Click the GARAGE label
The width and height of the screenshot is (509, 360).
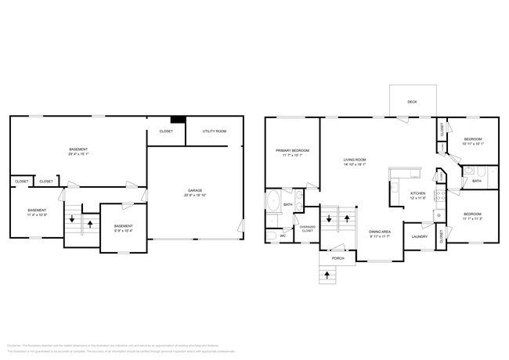pyautogui.click(x=194, y=190)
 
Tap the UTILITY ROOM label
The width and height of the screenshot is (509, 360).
pyautogui.click(x=215, y=131)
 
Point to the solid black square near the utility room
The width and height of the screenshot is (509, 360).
pyautogui.click(x=179, y=121)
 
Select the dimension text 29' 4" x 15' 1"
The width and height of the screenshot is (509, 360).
pyautogui.click(x=78, y=154)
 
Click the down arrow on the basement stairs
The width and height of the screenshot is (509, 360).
pyautogui.click(x=72, y=220)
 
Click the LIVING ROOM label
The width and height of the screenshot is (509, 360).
pyautogui.click(x=355, y=160)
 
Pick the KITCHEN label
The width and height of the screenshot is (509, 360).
pyautogui.click(x=418, y=193)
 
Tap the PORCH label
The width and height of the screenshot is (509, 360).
pyautogui.click(x=338, y=257)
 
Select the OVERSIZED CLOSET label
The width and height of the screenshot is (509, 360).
pyautogui.click(x=308, y=229)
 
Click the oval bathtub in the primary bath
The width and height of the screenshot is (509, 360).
pyautogui.click(x=273, y=204)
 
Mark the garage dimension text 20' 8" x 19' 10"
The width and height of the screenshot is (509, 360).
pyautogui.click(x=194, y=196)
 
